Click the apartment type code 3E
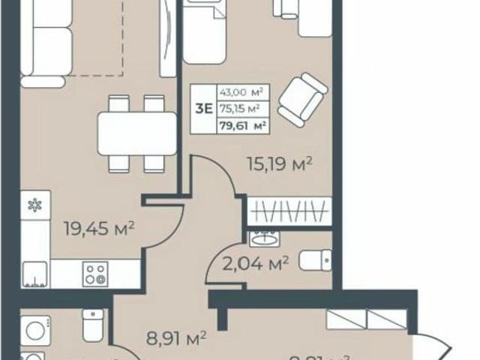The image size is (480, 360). (x=202, y=107)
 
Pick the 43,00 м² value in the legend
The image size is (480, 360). (x=239, y=92)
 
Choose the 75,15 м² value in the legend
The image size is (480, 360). (x=239, y=108)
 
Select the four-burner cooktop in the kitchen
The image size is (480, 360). (x=94, y=274)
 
